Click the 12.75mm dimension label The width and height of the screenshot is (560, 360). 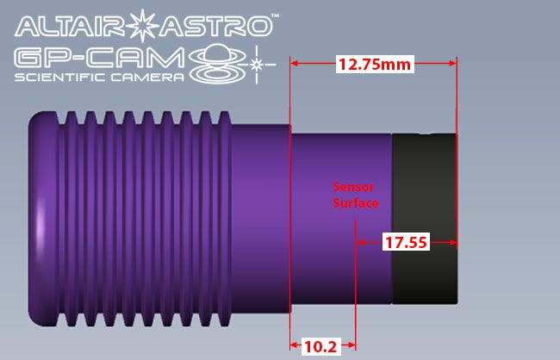pos(373,65)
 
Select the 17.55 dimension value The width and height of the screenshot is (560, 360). pos(405,243)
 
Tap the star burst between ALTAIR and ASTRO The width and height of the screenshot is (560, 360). pos(143,24)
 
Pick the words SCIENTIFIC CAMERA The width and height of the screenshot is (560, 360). pos(99,79)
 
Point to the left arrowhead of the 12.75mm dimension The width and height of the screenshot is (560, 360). pos(295,64)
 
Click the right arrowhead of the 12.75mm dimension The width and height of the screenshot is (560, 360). pos(451,64)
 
